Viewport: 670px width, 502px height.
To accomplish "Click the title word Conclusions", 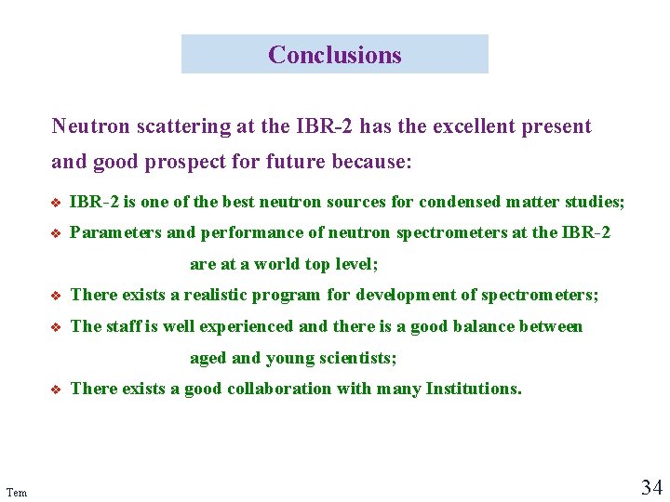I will (x=334, y=55).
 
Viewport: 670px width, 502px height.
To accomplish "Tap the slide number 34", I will (x=650, y=486).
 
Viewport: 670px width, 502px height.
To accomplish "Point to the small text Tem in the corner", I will (x=16, y=492).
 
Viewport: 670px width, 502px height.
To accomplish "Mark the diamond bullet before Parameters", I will (x=57, y=233).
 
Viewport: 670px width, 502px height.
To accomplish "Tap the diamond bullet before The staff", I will (x=57, y=327).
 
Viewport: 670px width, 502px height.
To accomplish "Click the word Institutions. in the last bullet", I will (x=474, y=389).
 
